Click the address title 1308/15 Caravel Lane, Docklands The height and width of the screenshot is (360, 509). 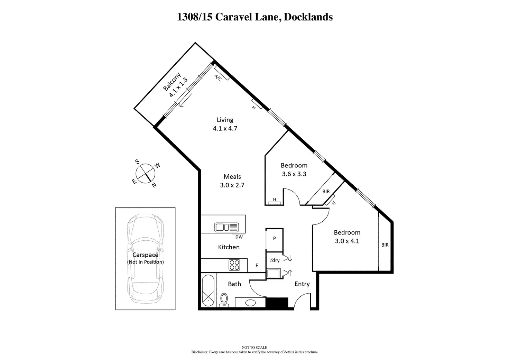point(254,17)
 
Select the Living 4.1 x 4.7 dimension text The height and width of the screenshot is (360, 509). point(225,128)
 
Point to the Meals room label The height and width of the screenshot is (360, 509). point(232,176)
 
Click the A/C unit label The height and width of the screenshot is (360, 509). point(218,77)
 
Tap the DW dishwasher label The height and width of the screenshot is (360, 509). point(239,237)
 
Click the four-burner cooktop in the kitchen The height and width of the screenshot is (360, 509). point(234,265)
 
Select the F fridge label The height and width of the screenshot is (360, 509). point(257,266)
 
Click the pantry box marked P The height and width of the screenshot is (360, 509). point(274,239)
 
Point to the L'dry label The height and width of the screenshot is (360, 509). point(274,260)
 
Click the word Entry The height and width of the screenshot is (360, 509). point(302,284)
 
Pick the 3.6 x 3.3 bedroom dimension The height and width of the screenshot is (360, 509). point(294,174)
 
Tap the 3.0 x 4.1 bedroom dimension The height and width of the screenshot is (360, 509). point(347,241)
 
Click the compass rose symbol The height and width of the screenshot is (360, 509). point(145,173)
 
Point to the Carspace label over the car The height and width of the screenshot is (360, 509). point(145,255)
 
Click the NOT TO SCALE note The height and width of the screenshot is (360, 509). point(254,348)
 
